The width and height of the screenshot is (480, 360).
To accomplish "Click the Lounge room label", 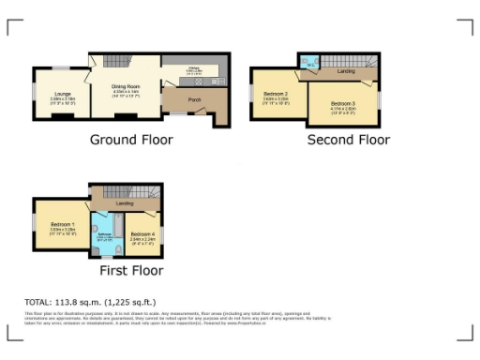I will click(62, 93).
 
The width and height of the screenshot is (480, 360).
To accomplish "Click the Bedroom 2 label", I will click(275, 95).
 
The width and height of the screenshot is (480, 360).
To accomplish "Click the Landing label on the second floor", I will click(346, 71).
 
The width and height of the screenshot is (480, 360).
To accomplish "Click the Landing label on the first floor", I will click(125, 203).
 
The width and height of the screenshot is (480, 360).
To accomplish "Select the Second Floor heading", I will click(349, 140).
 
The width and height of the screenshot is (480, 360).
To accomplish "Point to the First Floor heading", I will click(131, 271).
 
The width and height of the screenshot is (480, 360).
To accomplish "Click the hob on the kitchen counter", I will click(213, 81).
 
